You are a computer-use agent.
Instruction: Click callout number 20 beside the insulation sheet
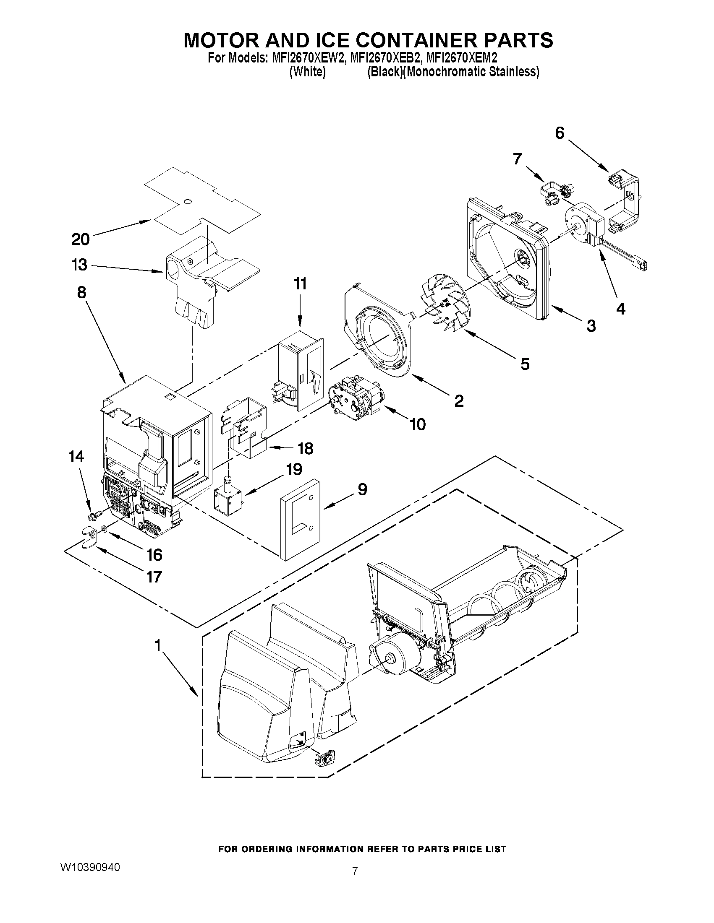click(80, 239)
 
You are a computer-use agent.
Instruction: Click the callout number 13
click(78, 265)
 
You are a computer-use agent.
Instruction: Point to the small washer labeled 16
click(104, 529)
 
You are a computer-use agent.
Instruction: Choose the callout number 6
click(559, 133)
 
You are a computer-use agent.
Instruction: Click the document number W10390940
click(90, 867)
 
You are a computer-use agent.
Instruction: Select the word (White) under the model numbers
click(307, 72)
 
